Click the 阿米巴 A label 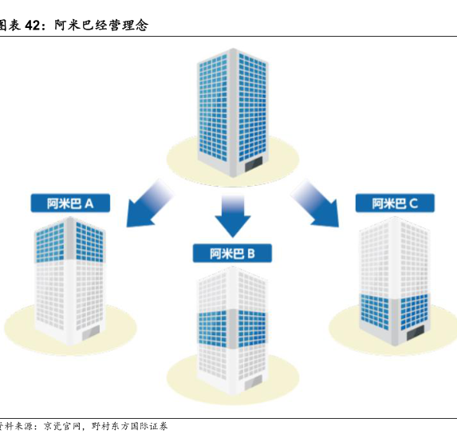pyautogui.click(x=70, y=203)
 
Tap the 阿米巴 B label pyautogui.click(x=232, y=253)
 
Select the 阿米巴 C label pyautogui.click(x=395, y=203)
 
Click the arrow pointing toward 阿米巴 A pyautogui.click(x=149, y=203)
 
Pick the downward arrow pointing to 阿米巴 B pyautogui.click(x=233, y=216)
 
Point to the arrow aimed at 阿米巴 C pyautogui.click(x=316, y=203)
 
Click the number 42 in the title pyautogui.click(x=32, y=26)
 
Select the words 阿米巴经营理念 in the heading pyautogui.click(x=101, y=26)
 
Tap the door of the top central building pyautogui.click(x=254, y=164)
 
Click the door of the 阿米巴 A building pyautogui.click(x=91, y=333)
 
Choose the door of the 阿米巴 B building pyautogui.click(x=253, y=383)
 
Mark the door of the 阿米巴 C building pyautogui.click(x=416, y=333)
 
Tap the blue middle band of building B pyautogui.click(x=232, y=328)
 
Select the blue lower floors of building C pyautogui.click(x=394, y=313)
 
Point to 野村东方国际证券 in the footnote pyautogui.click(x=129, y=426)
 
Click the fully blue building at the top pyautogui.click(x=232, y=112)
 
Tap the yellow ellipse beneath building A pyautogui.click(x=70, y=325)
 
